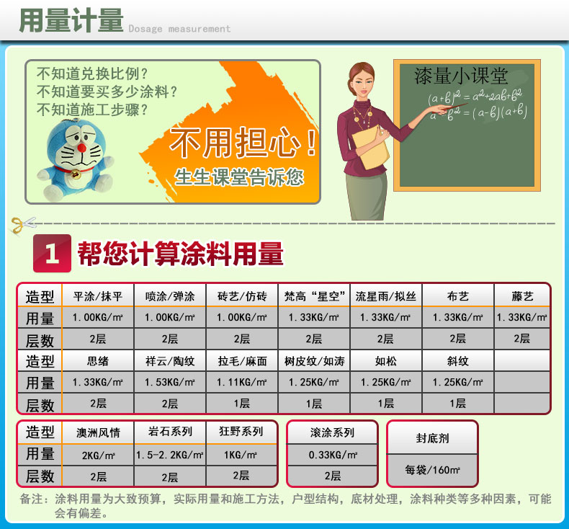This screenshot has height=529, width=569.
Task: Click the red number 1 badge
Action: pos(53,254)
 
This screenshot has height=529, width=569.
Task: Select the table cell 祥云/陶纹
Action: pos(170,361)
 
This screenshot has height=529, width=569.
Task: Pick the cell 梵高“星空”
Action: pos(313,296)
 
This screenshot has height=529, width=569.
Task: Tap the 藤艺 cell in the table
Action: pos(522,296)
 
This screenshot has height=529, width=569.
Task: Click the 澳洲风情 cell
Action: pos(98,433)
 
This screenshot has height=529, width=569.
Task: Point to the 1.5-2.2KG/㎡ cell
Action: pos(170,455)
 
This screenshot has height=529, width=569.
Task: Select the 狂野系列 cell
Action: pos(241,432)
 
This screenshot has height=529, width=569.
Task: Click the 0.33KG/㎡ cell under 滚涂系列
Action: pos(332,455)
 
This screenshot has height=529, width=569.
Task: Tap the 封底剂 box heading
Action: pos(433,437)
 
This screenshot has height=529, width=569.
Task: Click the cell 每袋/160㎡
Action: pos(433,470)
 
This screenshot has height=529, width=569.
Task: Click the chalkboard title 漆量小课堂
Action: pos(461,76)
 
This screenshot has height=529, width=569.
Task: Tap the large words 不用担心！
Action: pos(243,143)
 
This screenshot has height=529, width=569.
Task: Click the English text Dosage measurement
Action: pos(179,29)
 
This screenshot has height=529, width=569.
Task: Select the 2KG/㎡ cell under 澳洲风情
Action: pos(98,455)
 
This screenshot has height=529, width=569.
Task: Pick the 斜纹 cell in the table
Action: pos(457,361)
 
